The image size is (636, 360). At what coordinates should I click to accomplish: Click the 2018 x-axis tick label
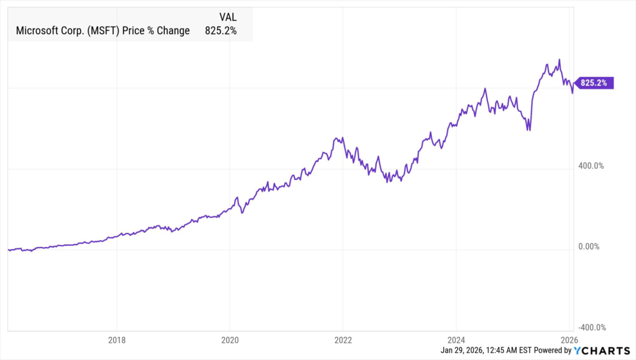point(117,340)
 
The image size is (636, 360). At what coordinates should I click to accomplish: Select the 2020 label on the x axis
point(230,340)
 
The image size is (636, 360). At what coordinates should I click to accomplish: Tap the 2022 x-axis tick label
point(343,340)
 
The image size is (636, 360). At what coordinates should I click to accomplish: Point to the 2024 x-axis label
point(456,340)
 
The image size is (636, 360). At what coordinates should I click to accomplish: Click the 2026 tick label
point(569,340)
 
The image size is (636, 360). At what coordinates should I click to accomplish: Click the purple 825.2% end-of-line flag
point(595,83)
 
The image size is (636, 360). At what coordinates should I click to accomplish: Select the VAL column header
point(227,17)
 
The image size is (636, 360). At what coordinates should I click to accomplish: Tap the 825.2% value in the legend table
point(220,30)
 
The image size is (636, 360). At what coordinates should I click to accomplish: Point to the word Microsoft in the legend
point(39,30)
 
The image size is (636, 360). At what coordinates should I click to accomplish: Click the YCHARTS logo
point(601,351)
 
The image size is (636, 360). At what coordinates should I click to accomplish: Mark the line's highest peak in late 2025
point(560,60)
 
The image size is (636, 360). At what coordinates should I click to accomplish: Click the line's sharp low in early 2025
point(529,130)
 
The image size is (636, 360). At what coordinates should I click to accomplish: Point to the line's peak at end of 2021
point(336,138)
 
